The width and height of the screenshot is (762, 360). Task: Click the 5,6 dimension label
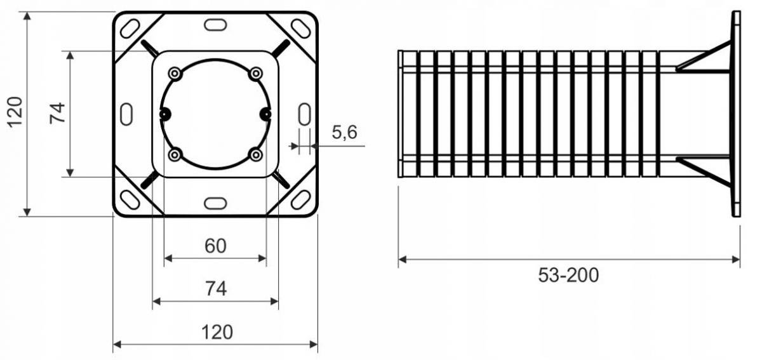pos(344,132)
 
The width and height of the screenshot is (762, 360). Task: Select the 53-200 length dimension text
pos(568,276)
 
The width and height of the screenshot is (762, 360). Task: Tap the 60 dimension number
pos(215,246)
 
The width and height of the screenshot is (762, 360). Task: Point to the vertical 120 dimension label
pos(15,112)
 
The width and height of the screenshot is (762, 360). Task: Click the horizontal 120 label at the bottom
pos(217,332)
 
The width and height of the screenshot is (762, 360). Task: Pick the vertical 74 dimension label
pos(58,113)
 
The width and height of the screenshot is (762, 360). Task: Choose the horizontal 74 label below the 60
pos(216,288)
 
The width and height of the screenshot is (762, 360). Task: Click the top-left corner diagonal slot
pos(130,28)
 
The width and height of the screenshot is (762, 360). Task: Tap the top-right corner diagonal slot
pos(301,29)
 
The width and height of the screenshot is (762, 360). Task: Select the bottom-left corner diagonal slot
pos(130,200)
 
